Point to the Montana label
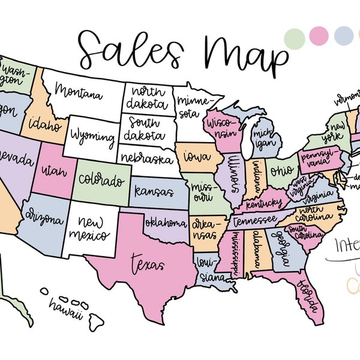tap(79, 92)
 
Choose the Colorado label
tap(103, 179)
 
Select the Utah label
tap(52, 173)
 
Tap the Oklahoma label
tap(166, 224)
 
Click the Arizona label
tap(43, 217)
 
